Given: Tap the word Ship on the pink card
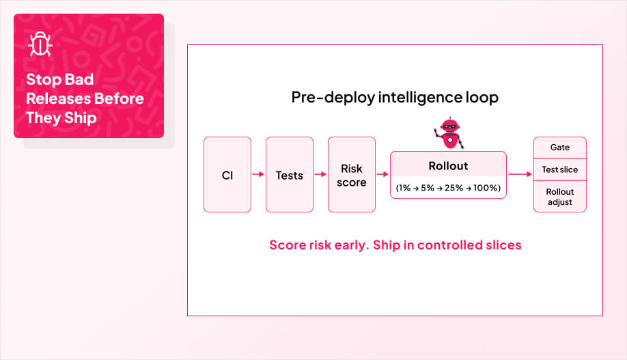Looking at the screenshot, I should [80, 117].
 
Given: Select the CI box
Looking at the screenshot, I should [227, 175].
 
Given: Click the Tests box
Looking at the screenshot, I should [289, 175].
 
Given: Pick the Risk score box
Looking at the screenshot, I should [351, 175].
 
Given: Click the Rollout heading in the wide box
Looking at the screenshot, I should [448, 166].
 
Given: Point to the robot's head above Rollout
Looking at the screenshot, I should [449, 126].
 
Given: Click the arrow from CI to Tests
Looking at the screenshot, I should [258, 175].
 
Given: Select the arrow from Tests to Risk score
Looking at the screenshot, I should [320, 175].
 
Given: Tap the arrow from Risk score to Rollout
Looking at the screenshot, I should [382, 175].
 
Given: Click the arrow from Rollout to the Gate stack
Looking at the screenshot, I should [520, 174].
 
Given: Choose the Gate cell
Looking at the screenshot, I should [559, 148].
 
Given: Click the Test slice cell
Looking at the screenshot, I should [559, 169].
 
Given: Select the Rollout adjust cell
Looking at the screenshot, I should [559, 196].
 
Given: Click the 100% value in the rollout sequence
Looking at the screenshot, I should [486, 188].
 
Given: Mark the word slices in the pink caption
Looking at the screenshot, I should [501, 245].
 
